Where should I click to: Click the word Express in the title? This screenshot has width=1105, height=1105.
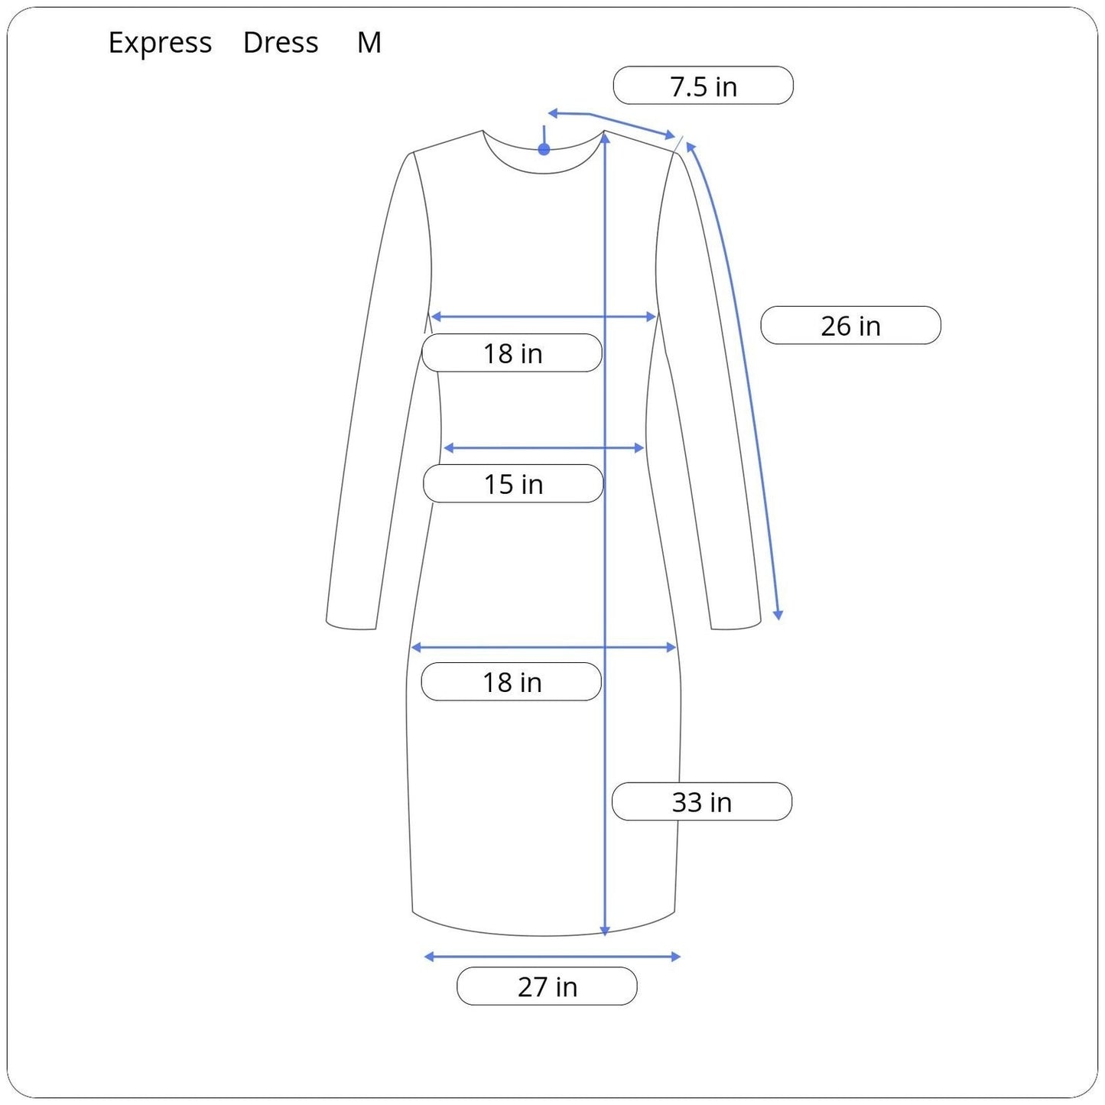click(x=160, y=43)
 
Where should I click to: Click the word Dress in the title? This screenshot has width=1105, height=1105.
click(x=281, y=43)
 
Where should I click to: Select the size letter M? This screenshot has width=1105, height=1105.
click(x=369, y=43)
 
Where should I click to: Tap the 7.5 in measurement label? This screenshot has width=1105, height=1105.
click(x=703, y=86)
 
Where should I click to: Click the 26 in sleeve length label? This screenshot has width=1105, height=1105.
click(x=850, y=326)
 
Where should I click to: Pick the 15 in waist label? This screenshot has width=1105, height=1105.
click(x=513, y=484)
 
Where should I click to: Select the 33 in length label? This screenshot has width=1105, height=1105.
click(x=701, y=802)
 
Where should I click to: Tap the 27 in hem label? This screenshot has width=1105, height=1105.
click(x=547, y=986)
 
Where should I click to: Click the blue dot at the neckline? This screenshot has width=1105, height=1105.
click(x=544, y=149)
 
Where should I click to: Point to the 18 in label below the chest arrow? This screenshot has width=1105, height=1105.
click(x=512, y=353)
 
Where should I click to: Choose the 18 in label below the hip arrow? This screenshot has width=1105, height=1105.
click(x=512, y=682)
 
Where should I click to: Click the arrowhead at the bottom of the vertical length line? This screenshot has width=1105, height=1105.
click(x=605, y=931)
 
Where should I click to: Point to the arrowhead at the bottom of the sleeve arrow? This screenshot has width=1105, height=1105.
click(x=778, y=615)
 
